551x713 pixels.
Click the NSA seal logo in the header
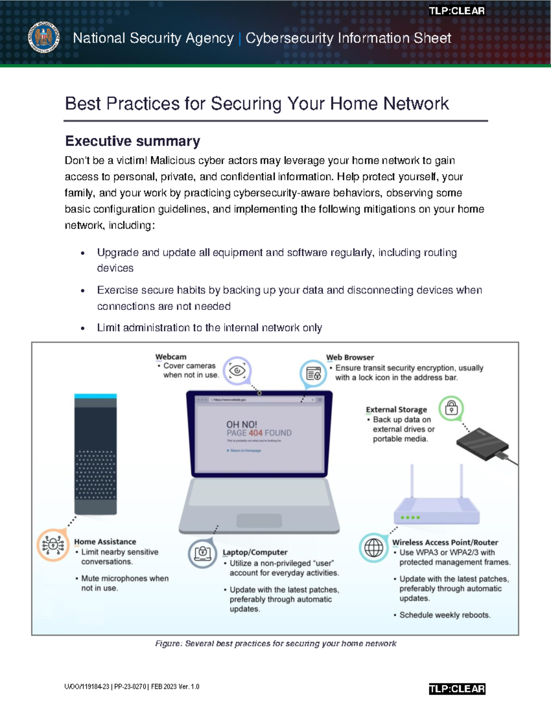tap(44, 37)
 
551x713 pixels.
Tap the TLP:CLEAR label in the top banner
tap(456, 11)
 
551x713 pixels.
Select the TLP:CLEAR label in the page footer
tap(456, 689)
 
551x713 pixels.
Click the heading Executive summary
tap(133, 141)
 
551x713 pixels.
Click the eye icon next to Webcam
tap(237, 371)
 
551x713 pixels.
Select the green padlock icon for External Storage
tap(451, 408)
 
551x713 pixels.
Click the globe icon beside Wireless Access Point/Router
tap(373, 547)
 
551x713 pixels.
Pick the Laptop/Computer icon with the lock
tap(202, 553)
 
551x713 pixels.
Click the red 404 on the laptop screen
tap(255, 433)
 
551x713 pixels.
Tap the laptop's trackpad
tap(259, 520)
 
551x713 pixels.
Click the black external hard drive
tap(482, 444)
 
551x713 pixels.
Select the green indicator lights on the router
tap(410, 517)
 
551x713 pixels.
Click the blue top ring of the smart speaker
tap(96, 396)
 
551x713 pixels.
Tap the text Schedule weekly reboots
tap(444, 615)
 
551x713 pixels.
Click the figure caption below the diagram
tap(275, 644)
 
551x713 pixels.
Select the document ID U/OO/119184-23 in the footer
tap(87, 687)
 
